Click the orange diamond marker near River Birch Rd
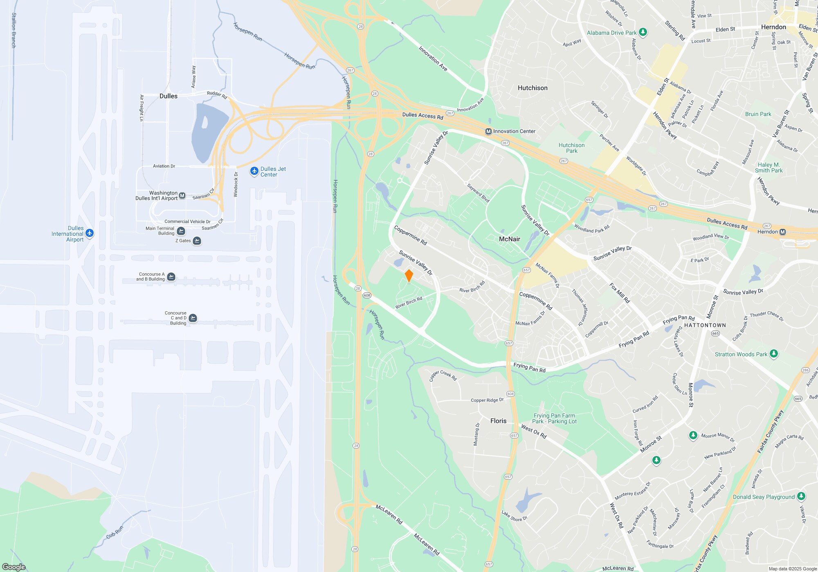409,276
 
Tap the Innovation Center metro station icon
488,132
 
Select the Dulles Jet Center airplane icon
254,171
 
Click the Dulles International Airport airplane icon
90,233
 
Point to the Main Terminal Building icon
181,231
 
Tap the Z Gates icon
197,241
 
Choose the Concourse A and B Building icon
171,277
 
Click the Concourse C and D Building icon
193,318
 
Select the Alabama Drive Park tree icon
643,32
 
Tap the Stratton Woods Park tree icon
773,354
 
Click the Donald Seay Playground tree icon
801,496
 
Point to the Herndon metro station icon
782,232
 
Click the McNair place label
510,239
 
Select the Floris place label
498,421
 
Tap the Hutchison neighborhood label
532,88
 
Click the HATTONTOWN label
705,325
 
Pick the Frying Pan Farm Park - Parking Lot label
554,418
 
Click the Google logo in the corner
14,567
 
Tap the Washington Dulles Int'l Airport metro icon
182,196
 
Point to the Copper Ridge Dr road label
487,400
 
